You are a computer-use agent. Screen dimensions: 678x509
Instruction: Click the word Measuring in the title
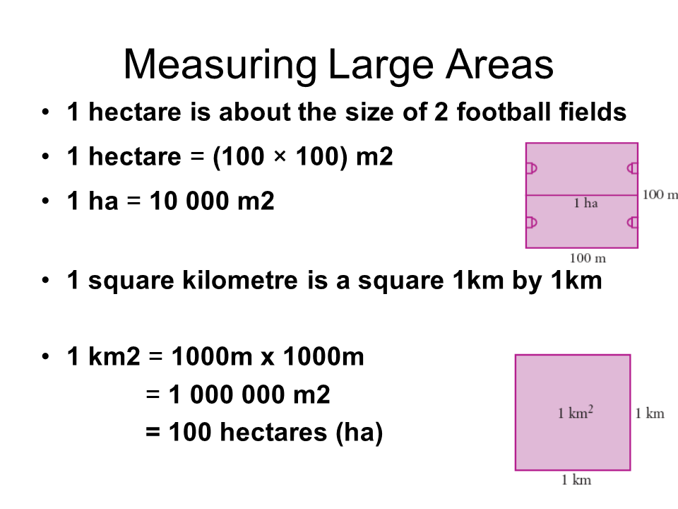click(x=220, y=66)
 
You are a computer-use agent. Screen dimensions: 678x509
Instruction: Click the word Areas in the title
click(x=499, y=64)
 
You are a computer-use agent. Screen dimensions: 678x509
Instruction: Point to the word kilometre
click(x=240, y=280)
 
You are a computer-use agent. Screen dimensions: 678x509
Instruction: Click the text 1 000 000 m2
click(x=249, y=394)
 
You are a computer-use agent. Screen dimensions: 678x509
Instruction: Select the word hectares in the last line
click(x=273, y=432)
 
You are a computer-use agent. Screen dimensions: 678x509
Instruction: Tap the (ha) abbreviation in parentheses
click(x=359, y=433)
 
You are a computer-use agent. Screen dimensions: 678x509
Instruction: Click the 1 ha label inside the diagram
click(x=586, y=203)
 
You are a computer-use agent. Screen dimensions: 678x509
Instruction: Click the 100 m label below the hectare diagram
click(x=588, y=259)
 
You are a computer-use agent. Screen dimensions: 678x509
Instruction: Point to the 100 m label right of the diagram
click(x=660, y=195)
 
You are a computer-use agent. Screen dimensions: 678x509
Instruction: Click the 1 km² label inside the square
click(x=576, y=412)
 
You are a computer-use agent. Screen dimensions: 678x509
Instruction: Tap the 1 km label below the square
click(x=576, y=479)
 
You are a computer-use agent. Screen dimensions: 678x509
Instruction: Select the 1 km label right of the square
click(x=650, y=414)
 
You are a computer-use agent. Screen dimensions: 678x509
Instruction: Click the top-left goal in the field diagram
click(x=532, y=168)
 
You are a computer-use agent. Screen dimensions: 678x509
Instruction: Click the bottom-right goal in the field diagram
click(x=633, y=223)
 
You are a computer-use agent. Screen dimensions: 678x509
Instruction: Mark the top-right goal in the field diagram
click(x=633, y=168)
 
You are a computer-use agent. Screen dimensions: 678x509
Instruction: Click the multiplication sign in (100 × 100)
click(x=280, y=156)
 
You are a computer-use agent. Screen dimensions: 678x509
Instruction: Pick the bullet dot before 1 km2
click(x=45, y=356)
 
